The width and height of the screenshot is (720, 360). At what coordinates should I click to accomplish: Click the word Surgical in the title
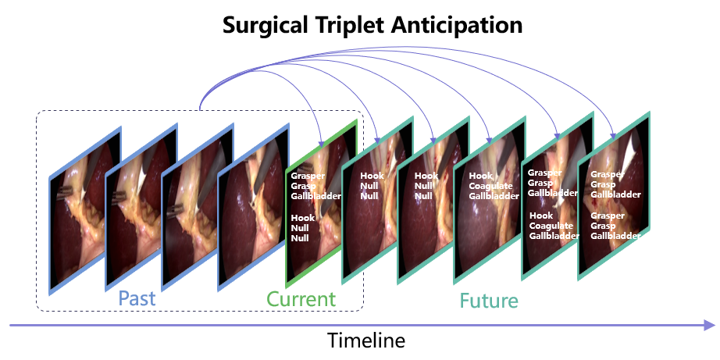(x=265, y=26)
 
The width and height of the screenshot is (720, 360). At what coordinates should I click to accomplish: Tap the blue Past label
(x=137, y=298)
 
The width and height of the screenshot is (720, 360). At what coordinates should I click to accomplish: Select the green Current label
(x=301, y=299)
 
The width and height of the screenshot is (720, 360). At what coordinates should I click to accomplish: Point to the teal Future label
(x=489, y=301)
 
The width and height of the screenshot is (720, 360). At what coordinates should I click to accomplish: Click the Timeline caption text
(x=366, y=340)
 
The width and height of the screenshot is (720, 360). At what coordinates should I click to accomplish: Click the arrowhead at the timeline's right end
(x=710, y=325)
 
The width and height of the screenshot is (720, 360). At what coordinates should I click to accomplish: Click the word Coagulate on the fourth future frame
(x=490, y=186)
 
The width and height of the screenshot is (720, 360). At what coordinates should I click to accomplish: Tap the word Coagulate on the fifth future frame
(x=551, y=226)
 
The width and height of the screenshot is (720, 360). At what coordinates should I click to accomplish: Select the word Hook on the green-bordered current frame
(x=300, y=218)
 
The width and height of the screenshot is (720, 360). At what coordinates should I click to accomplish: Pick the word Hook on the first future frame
(x=372, y=176)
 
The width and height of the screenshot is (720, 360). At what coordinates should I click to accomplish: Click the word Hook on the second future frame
(x=426, y=176)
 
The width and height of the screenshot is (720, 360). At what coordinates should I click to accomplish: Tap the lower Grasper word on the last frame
(x=608, y=216)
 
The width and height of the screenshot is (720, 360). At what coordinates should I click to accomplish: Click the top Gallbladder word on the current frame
(x=316, y=196)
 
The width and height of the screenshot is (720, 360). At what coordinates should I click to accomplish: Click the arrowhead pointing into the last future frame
(x=613, y=135)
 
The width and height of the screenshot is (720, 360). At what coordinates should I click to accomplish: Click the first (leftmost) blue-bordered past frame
(x=85, y=210)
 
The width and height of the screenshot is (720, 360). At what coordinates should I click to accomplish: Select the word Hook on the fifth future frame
(x=541, y=216)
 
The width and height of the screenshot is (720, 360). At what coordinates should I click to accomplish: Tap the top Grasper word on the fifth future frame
(x=544, y=173)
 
